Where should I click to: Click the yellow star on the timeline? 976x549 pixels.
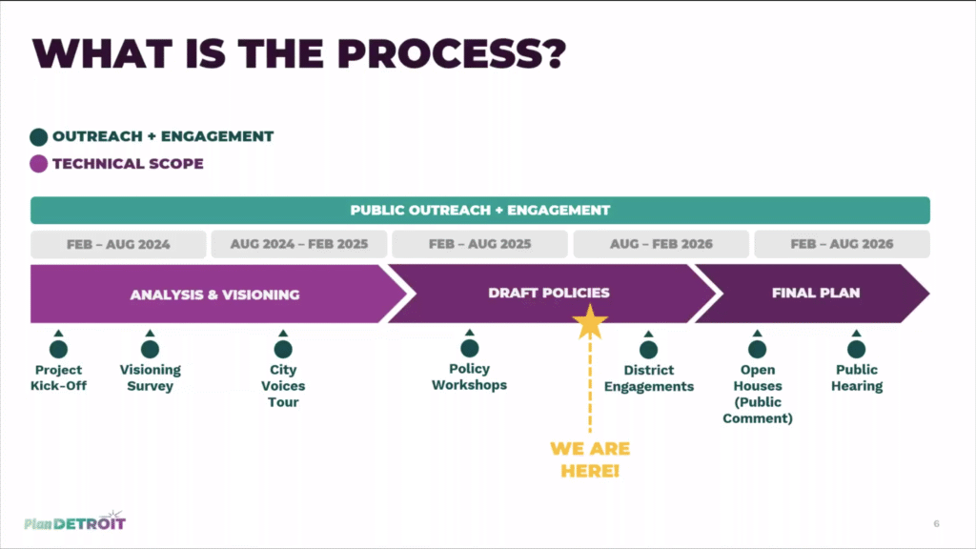tap(591, 323)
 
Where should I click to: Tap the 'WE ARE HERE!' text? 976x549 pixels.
tap(590, 459)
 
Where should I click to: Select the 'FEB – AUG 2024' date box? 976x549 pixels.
tap(118, 244)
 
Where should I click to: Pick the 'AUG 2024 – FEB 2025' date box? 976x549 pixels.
tap(298, 244)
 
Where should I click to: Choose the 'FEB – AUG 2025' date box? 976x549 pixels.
tap(479, 244)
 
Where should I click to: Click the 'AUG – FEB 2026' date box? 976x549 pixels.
tap(661, 244)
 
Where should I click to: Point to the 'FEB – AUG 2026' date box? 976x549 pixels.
tap(842, 244)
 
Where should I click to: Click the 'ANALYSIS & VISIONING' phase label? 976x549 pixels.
tap(214, 295)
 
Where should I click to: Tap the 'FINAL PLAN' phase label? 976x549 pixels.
tap(815, 294)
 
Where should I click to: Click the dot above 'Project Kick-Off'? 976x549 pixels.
tap(59, 349)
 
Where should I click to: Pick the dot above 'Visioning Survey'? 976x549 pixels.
tap(150, 349)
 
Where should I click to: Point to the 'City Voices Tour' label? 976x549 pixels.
tap(283, 386)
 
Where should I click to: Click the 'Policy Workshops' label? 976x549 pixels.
tap(469, 377)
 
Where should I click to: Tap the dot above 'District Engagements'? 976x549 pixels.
tap(649, 349)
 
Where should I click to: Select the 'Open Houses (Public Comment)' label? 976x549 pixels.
tap(758, 394)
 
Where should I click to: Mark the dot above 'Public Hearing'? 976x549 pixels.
tap(857, 349)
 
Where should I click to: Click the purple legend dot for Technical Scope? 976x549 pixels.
tap(38, 164)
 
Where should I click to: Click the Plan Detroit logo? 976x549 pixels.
tap(74, 521)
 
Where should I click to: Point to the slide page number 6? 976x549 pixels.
tap(936, 523)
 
